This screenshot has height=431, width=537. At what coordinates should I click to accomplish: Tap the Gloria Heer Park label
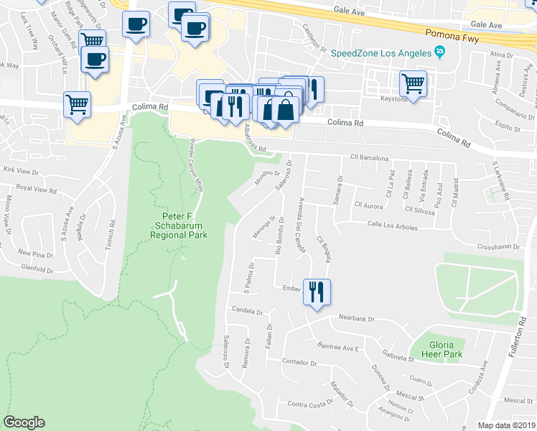coord(442,348)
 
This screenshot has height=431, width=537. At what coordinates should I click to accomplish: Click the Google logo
coord(24,422)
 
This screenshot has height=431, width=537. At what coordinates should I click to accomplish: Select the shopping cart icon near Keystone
coord(414,83)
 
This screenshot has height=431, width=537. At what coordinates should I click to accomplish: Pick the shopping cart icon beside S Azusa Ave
coord(77,104)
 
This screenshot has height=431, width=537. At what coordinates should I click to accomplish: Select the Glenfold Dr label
coord(37,269)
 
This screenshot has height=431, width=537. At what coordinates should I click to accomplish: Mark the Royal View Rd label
coord(36,190)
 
